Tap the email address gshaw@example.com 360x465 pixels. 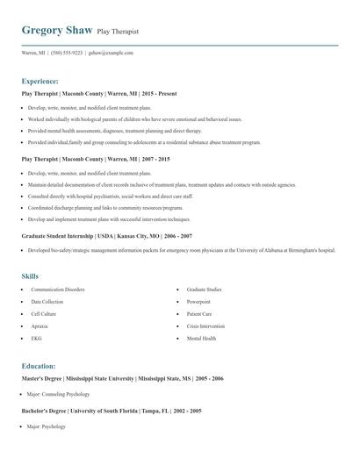point(111,53)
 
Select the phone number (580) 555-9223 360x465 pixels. point(67,53)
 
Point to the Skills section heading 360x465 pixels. point(30,276)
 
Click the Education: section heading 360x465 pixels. point(39,366)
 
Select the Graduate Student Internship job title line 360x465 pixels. point(107,236)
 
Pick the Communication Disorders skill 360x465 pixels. point(58,289)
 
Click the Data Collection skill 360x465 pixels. point(47,301)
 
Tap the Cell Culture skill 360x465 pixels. point(44,313)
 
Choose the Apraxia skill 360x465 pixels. point(40,325)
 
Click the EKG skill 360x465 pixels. point(37,338)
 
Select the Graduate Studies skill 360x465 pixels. point(205,289)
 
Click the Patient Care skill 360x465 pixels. point(200,313)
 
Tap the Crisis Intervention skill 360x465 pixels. point(206,325)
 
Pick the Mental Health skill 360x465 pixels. point(202,338)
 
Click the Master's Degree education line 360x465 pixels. point(122,378)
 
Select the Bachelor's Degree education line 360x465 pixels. point(112,411)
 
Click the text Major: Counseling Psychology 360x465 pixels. point(59,394)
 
